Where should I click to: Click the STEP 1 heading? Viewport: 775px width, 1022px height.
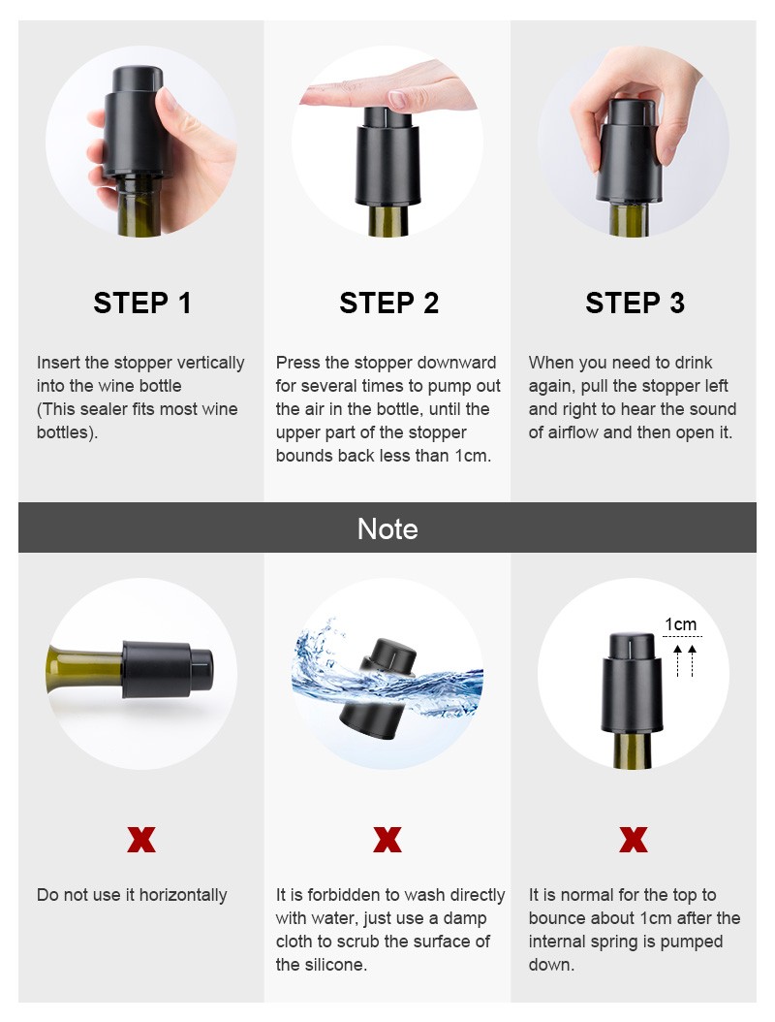pyautogui.click(x=142, y=303)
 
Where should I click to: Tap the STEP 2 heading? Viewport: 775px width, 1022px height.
pyautogui.click(x=388, y=303)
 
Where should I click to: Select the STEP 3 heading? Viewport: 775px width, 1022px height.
pyautogui.click(x=635, y=303)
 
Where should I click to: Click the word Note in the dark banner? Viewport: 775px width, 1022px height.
pyautogui.click(x=387, y=528)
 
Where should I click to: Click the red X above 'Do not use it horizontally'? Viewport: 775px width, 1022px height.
pyautogui.click(x=141, y=840)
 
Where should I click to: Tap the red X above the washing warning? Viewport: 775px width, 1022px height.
pyautogui.click(x=387, y=840)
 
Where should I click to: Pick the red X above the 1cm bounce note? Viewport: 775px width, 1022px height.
pyautogui.click(x=634, y=840)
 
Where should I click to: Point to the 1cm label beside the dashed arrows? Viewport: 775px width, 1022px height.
pyautogui.click(x=681, y=624)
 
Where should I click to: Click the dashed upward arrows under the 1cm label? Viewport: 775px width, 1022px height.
pyautogui.click(x=685, y=660)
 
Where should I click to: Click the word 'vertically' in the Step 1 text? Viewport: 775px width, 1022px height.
pyautogui.click(x=210, y=363)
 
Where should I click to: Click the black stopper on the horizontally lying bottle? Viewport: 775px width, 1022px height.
pyautogui.click(x=168, y=669)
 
